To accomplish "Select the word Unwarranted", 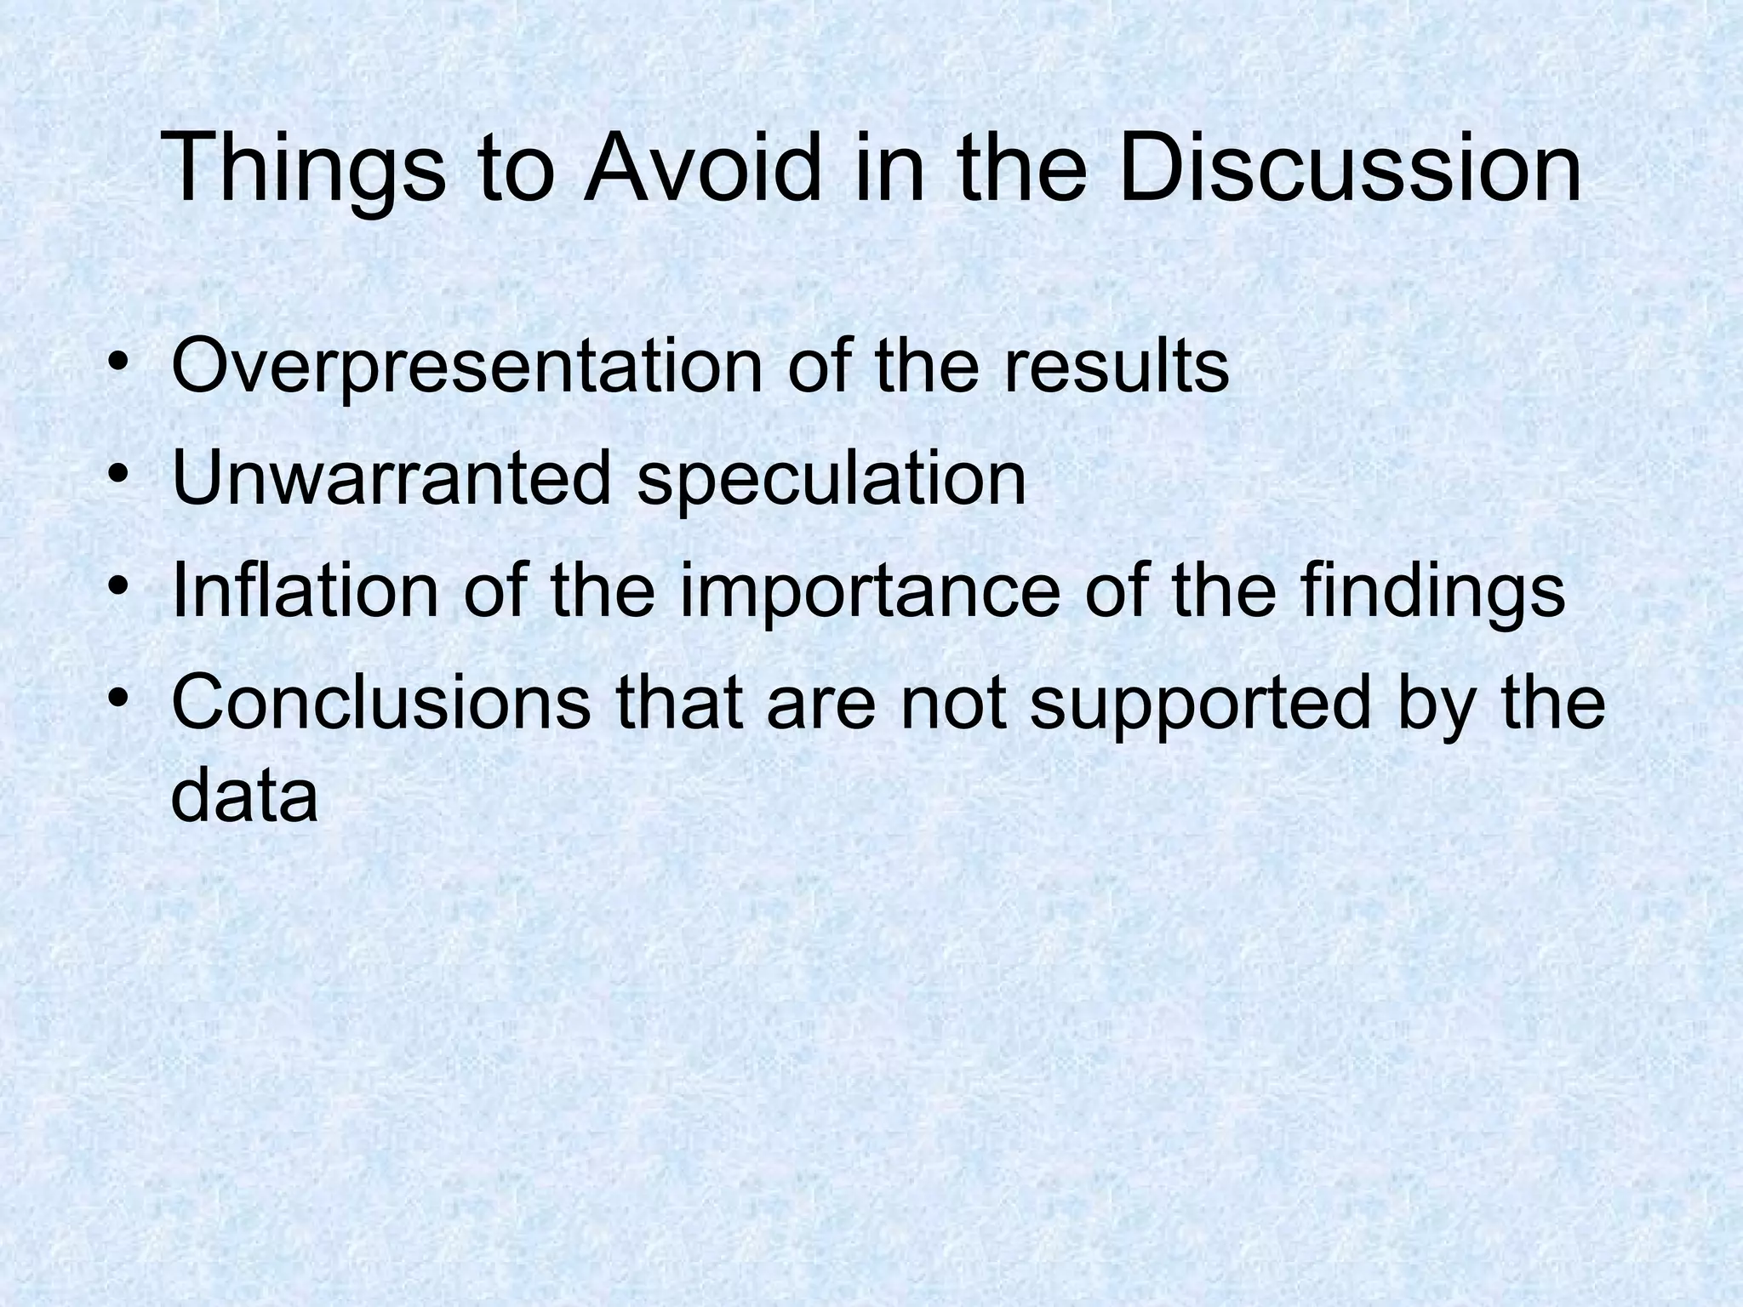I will pyautogui.click(x=391, y=478).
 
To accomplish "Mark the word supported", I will pyautogui.click(x=1200, y=705).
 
